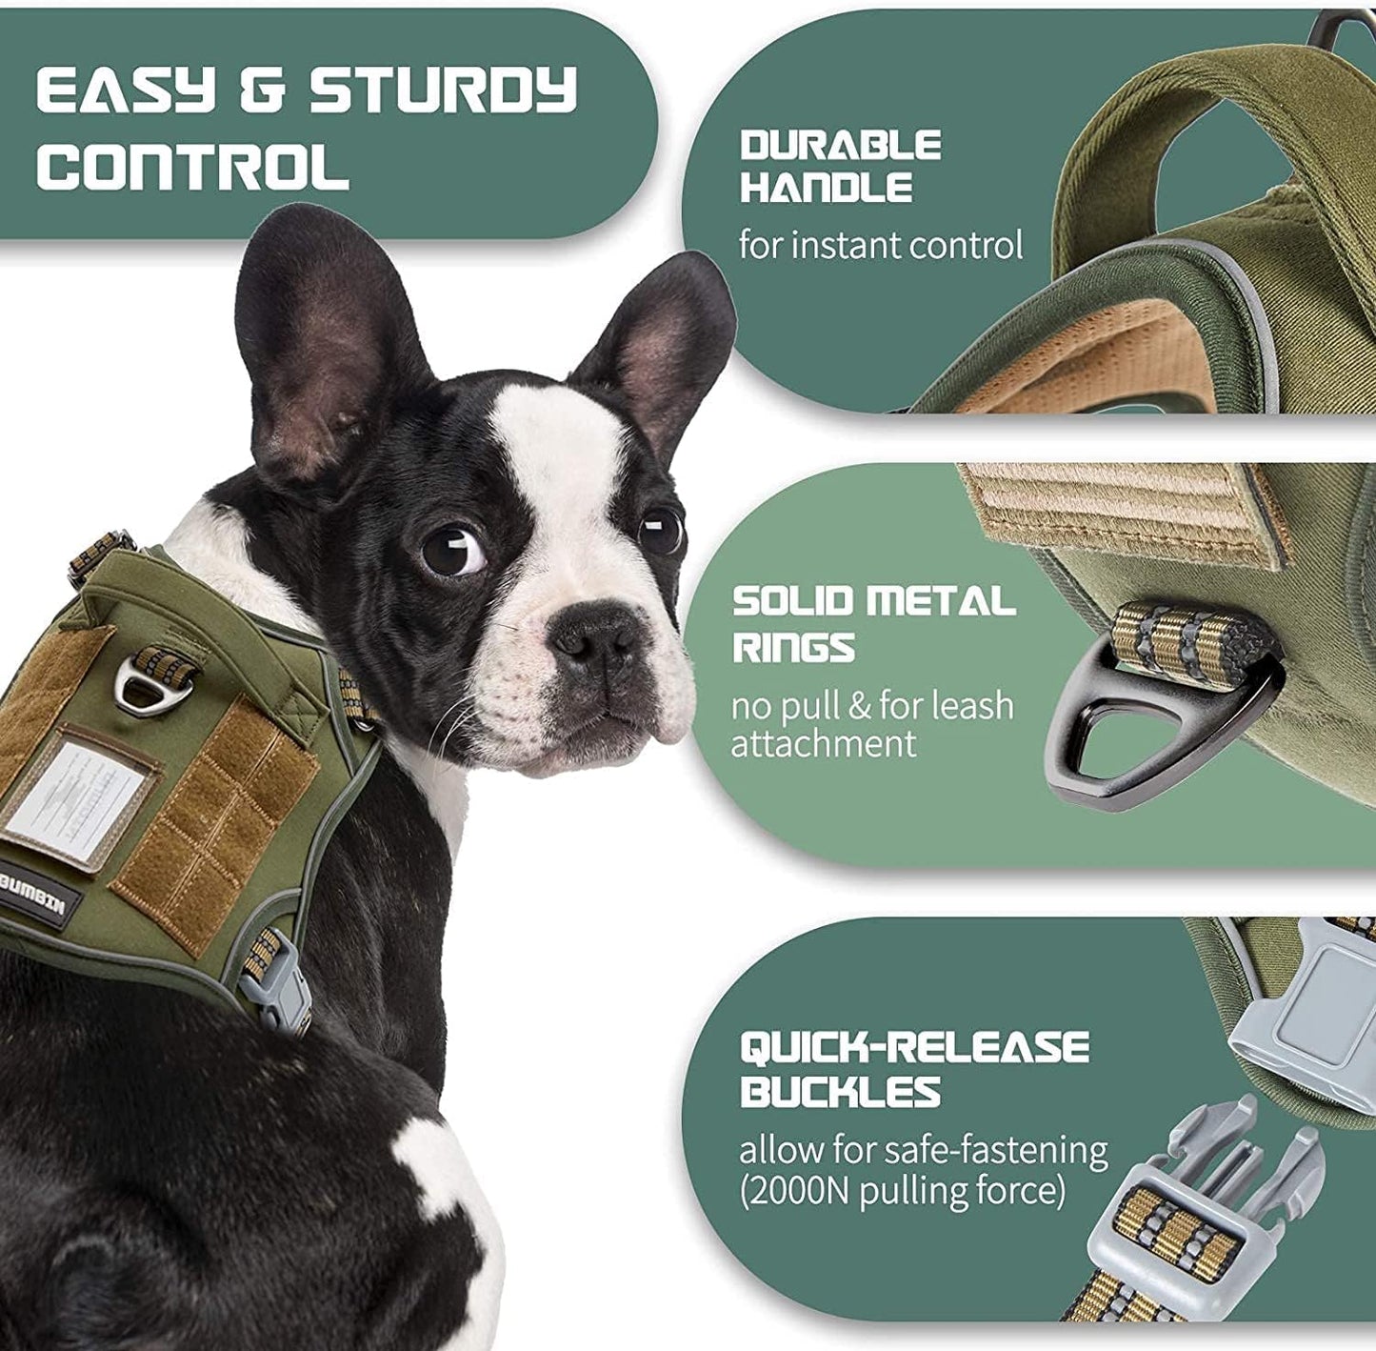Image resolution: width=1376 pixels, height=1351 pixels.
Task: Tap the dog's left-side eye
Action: coord(451,552)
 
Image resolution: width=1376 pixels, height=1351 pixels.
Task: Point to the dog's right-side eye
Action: coord(663,531)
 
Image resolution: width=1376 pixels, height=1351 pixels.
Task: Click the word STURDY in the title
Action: coord(444,91)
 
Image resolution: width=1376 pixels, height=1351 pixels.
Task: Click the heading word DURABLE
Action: coord(841,146)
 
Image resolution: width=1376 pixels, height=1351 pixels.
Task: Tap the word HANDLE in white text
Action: coord(827,188)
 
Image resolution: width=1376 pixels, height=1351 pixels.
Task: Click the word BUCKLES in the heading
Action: coord(841,1092)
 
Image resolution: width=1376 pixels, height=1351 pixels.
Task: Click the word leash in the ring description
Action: coord(972,706)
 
